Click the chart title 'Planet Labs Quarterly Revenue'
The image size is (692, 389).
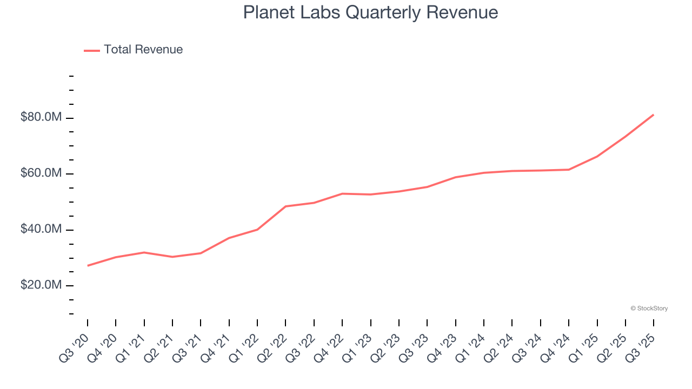[x=370, y=12]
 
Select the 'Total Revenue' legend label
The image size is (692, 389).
[x=143, y=50]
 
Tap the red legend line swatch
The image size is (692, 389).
[x=92, y=50]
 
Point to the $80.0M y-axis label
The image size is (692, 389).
[x=41, y=117]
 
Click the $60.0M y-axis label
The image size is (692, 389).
[x=41, y=173]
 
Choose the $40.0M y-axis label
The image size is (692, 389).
[x=41, y=230]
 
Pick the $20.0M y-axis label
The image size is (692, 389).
[x=41, y=285]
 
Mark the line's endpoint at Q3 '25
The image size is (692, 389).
[x=654, y=115]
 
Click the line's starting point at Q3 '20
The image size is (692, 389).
[x=88, y=265]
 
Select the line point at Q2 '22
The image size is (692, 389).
[x=285, y=206]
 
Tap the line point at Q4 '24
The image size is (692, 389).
[x=569, y=170]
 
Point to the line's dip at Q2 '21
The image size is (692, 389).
[x=172, y=257]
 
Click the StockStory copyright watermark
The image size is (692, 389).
[x=649, y=308]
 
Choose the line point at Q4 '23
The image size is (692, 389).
[x=456, y=177]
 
